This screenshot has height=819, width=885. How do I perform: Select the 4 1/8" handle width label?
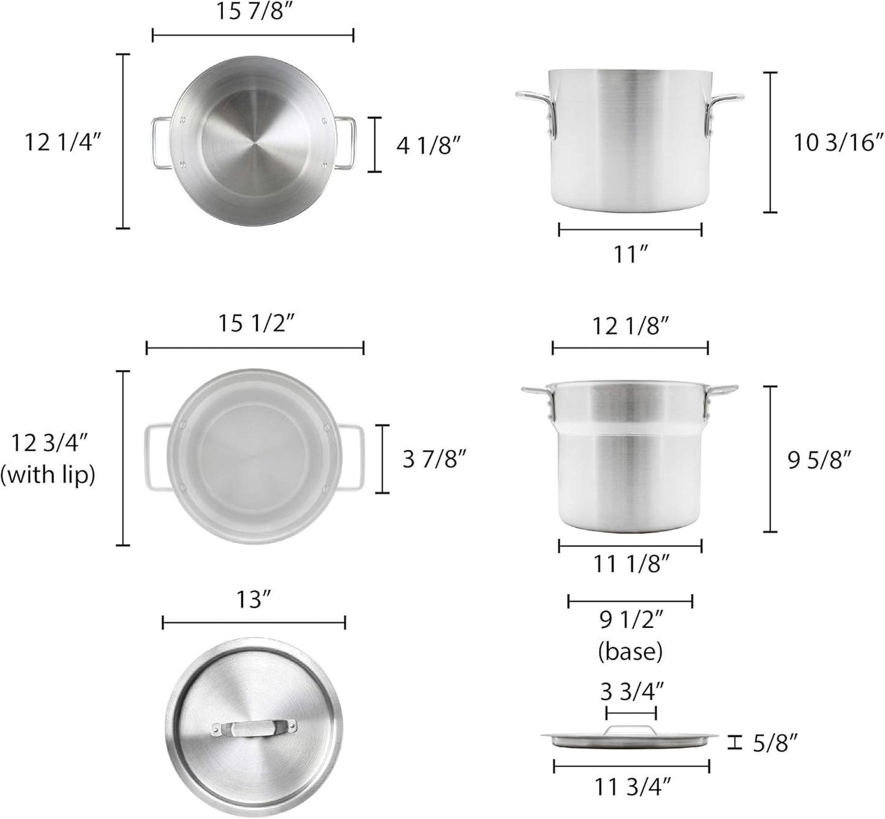(428, 145)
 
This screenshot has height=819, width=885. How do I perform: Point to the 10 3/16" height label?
(838, 142)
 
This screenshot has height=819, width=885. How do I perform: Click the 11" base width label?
(630, 254)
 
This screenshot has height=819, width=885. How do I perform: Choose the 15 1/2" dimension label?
(257, 323)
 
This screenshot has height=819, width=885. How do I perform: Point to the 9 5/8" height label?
(819, 460)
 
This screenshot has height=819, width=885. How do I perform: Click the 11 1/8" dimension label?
(630, 564)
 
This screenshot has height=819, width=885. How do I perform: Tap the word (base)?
(630, 652)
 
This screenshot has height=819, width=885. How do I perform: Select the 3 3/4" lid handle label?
(631, 692)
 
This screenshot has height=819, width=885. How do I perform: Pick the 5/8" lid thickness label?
(775, 743)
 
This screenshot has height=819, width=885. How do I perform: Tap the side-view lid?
(630, 738)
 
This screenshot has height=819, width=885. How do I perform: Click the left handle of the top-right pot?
(537, 110)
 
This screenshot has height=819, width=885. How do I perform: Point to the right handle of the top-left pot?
(344, 142)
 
